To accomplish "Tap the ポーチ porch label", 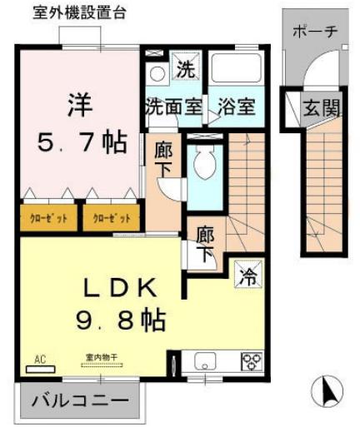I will [x=313, y=32].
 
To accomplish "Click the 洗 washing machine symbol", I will [x=184, y=69].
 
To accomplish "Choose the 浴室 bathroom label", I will [x=236, y=107].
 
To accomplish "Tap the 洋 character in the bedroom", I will [x=80, y=107].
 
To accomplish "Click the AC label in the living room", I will [x=38, y=360].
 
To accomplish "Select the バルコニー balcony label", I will [x=80, y=401].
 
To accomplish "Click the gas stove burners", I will [x=251, y=361].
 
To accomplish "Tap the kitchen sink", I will [x=205, y=361].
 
